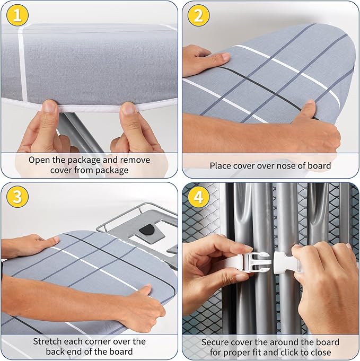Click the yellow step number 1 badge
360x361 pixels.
pyautogui.click(x=17, y=15)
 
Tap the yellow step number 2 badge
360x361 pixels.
pyautogui.click(x=198, y=15)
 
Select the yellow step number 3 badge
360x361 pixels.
pyautogui.click(x=17, y=197)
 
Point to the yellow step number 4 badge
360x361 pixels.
pyautogui.click(x=198, y=197)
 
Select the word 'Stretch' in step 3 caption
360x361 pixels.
pyautogui.click(x=47, y=341)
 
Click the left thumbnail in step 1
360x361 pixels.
pyautogui.click(x=49, y=106)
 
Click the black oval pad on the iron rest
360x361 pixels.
pyautogui.click(x=147, y=230)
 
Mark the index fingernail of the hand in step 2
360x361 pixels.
pyautogui.click(x=225, y=56)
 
